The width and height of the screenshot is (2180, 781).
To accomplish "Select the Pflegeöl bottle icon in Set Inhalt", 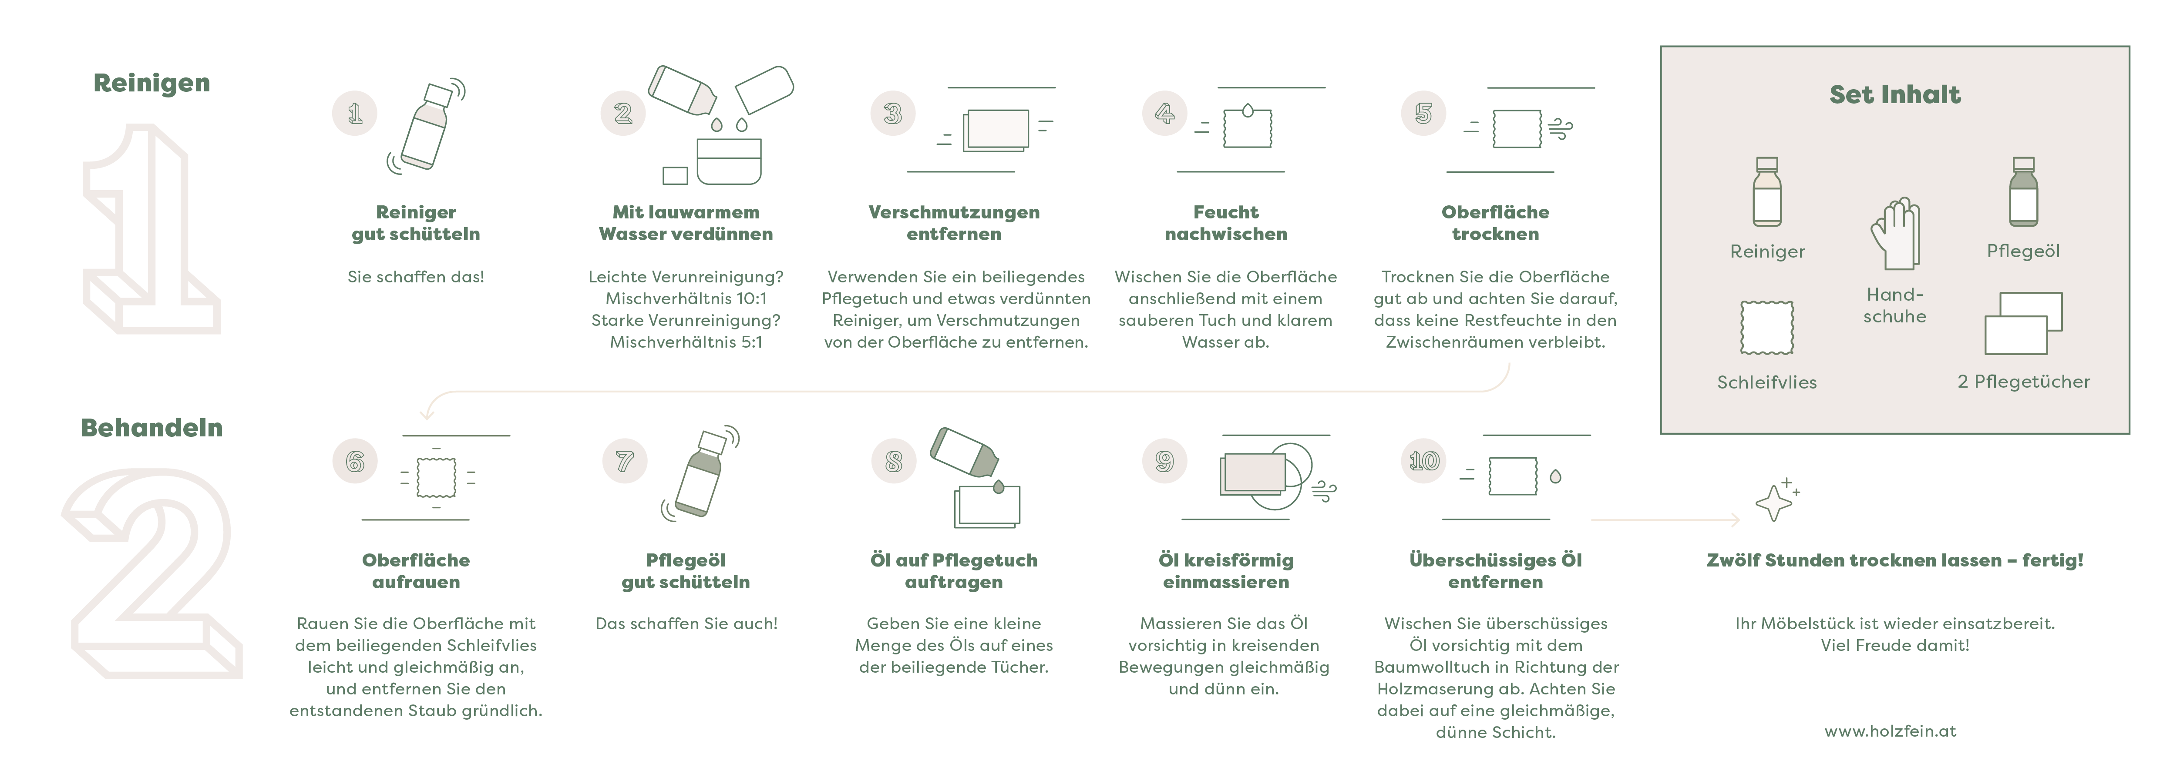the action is click(2023, 191).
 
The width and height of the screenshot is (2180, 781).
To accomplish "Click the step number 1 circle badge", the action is click(355, 114).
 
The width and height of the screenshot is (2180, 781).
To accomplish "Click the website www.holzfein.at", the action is click(1891, 731).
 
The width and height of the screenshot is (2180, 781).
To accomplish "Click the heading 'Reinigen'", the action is click(151, 83).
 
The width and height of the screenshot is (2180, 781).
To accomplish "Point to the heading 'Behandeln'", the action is click(151, 427).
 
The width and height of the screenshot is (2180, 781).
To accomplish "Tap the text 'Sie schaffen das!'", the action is click(416, 277).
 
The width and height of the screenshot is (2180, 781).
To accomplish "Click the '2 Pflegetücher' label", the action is click(2023, 382).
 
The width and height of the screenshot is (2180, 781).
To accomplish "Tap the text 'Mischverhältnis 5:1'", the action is click(686, 342).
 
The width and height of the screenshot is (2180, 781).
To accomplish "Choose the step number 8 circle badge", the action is click(894, 461).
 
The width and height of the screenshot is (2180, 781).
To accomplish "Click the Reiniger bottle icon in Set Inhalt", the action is click(1767, 191).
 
